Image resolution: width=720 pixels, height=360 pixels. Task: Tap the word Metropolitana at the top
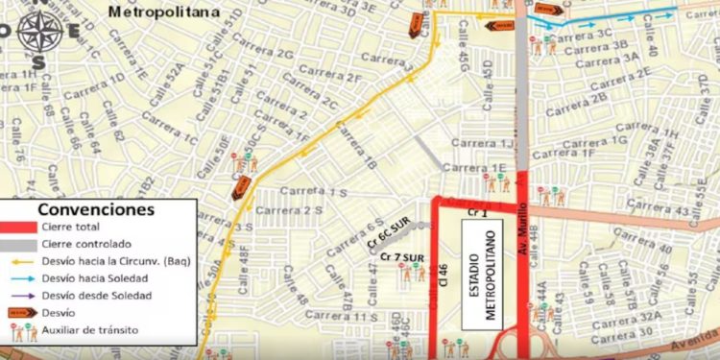163,12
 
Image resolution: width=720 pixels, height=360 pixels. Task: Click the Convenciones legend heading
94,209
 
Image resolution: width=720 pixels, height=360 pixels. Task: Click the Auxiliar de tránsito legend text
91,330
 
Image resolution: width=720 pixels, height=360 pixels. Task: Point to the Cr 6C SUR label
391,235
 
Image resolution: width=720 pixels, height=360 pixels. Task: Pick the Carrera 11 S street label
350,317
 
